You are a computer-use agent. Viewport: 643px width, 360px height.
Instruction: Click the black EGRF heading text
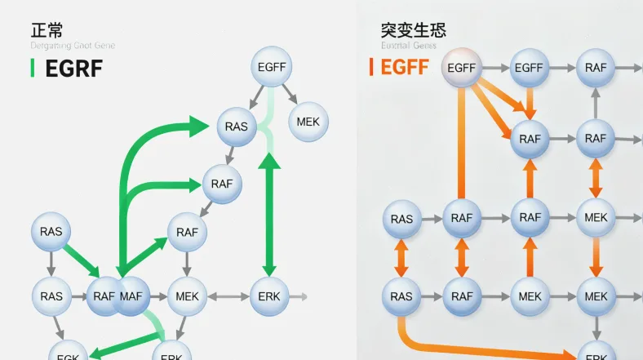click(74, 69)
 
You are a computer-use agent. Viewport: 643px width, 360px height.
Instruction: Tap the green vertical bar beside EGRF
click(32, 69)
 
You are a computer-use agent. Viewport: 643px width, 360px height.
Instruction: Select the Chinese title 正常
click(47, 31)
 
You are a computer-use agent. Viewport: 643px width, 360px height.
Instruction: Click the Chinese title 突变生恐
click(413, 31)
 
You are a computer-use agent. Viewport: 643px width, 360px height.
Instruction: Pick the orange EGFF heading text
click(405, 67)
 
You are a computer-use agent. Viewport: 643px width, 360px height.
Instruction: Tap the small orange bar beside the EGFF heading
click(371, 67)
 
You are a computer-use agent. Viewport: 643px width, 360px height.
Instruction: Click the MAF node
click(131, 296)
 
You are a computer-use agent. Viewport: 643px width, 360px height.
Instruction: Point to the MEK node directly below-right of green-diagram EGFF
click(308, 122)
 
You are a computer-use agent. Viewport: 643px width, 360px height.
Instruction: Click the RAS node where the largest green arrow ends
click(237, 127)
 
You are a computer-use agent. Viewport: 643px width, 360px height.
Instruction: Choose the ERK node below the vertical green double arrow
click(268, 296)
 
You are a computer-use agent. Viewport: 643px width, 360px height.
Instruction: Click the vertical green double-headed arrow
click(269, 216)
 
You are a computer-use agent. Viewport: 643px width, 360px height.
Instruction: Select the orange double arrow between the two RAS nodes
click(401, 257)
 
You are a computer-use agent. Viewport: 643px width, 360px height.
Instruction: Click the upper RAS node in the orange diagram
click(401, 219)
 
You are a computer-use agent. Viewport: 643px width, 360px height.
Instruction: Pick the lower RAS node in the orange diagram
click(401, 296)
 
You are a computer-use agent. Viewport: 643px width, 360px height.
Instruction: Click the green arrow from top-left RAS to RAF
click(82, 259)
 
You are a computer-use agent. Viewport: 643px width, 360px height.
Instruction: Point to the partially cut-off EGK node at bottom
click(69, 353)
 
